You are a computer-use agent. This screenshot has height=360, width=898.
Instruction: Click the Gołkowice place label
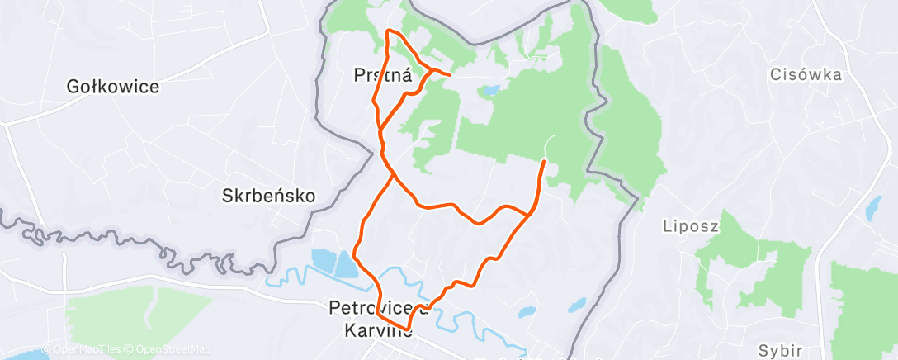tap(114, 86)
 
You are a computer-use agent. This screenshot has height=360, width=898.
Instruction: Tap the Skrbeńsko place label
tap(269, 197)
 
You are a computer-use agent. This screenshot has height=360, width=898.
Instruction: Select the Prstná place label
tap(383, 75)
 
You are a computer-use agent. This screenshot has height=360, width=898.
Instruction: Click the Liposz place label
tap(692, 225)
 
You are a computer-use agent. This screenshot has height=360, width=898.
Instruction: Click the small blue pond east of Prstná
tap(491, 89)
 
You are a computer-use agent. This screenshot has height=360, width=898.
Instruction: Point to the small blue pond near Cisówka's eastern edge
tap(872, 207)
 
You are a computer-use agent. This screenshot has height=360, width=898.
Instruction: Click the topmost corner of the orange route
tap(388, 31)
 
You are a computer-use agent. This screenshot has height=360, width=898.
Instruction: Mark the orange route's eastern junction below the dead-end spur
tap(527, 215)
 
